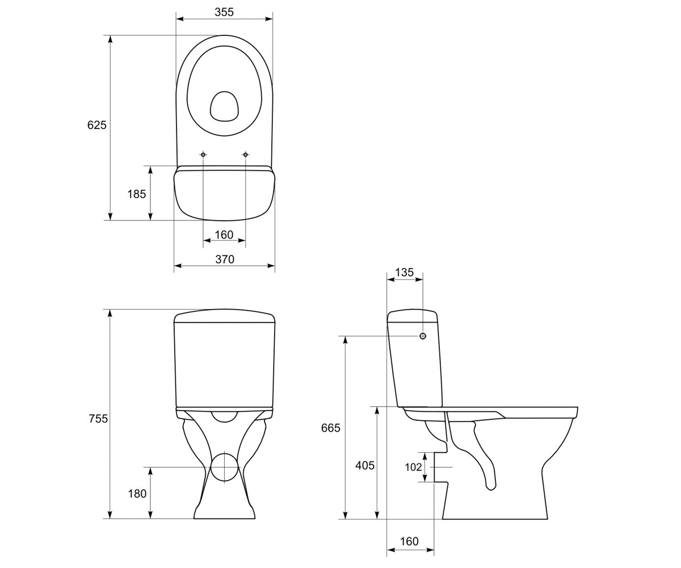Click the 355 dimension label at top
224,12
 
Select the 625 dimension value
97,125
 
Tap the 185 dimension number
136,194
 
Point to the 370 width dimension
225,259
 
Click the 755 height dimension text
98,419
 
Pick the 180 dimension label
137,494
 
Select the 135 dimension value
405,272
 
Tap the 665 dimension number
331,428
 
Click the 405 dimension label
365,466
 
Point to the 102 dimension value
413,467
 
